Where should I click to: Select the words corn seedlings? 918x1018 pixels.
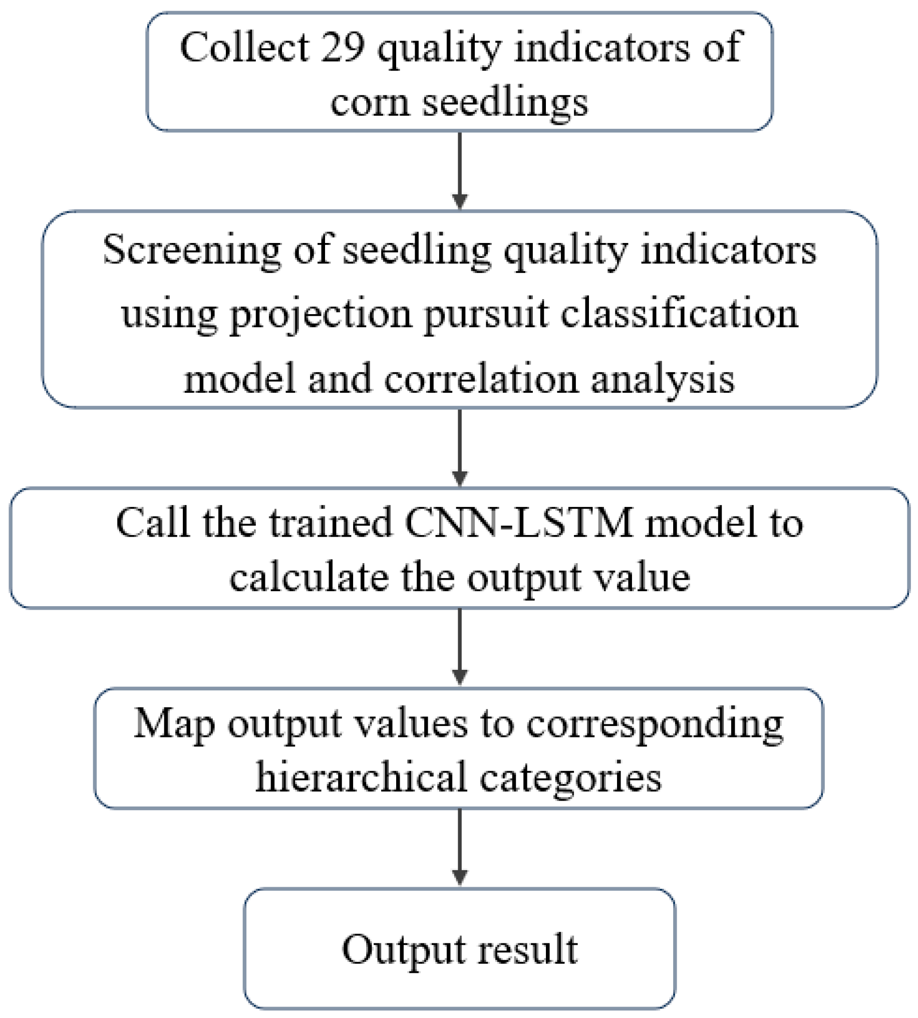pyautogui.click(x=459, y=102)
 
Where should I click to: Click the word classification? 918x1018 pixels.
pyautogui.click(x=680, y=314)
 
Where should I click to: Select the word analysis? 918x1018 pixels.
pyautogui.click(x=663, y=379)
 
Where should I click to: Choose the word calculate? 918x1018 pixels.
pyautogui.click(x=309, y=577)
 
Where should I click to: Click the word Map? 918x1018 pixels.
pyautogui.click(x=174, y=724)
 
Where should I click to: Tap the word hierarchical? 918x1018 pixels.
pyautogui.click(x=361, y=778)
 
